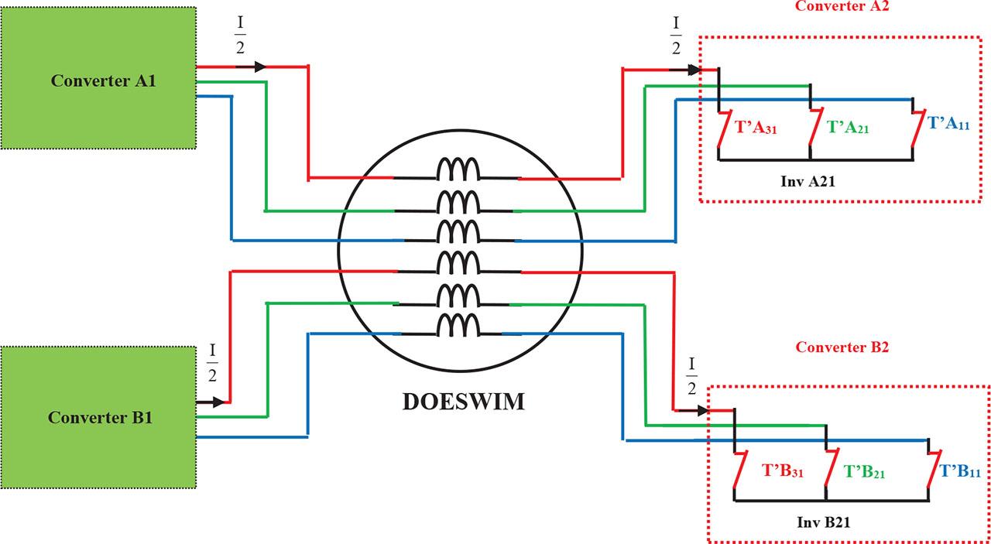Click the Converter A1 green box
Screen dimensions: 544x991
coord(98,78)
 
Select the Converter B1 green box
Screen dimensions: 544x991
coord(98,417)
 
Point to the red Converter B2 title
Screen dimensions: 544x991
coord(842,347)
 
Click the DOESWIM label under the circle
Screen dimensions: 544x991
coord(463,402)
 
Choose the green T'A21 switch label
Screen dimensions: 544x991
coord(847,127)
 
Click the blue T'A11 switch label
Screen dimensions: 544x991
coord(948,124)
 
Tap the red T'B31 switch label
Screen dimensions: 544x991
coord(784,470)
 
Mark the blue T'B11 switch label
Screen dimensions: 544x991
coord(960,470)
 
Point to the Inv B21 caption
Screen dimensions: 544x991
coord(825,522)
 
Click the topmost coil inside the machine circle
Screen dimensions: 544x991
coord(458,169)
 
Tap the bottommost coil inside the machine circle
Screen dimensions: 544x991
coord(458,326)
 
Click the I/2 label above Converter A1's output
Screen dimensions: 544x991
coord(240,33)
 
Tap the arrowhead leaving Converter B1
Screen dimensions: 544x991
coord(219,402)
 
